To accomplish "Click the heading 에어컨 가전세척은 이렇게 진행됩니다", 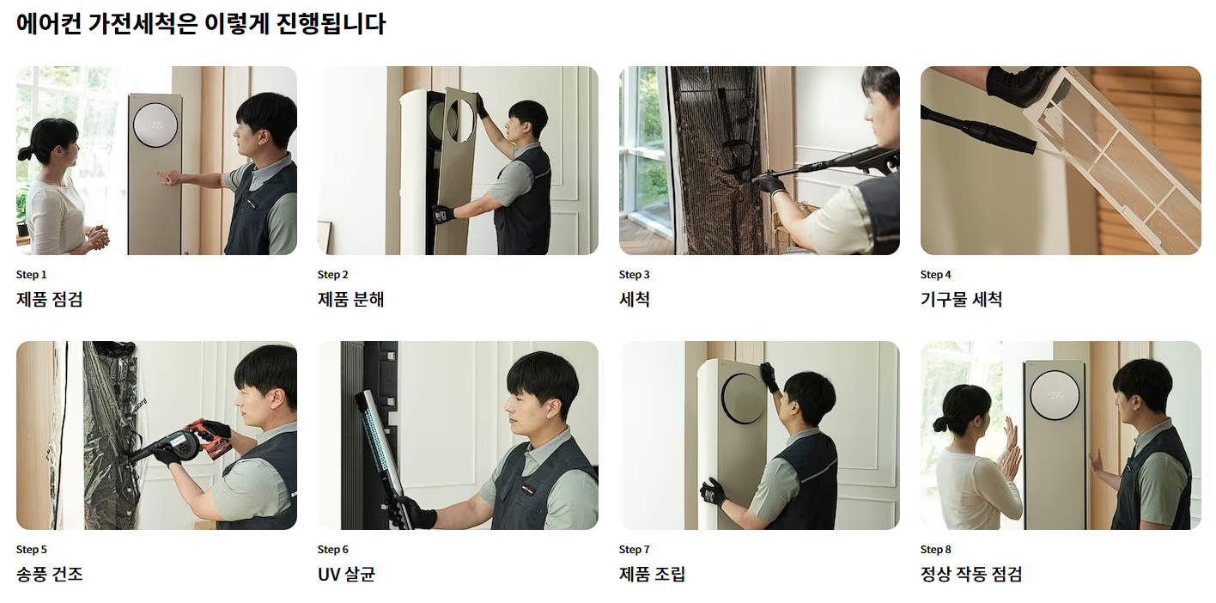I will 201,24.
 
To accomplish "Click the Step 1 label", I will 32,275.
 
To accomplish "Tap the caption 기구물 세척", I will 961,300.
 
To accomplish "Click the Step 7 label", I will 634,550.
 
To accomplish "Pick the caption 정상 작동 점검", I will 971,575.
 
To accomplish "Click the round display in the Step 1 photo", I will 155,125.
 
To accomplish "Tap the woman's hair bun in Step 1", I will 23,153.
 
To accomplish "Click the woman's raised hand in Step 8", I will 1010,438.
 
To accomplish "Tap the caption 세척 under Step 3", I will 634,300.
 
